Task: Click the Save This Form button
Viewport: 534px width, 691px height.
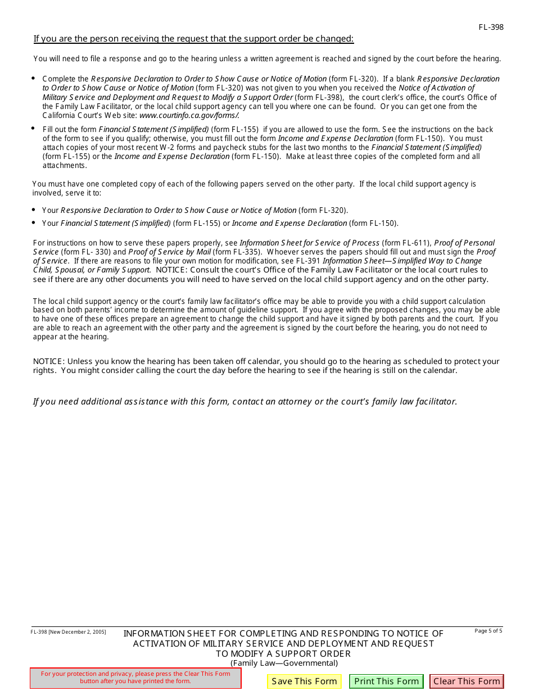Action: tap(304, 681)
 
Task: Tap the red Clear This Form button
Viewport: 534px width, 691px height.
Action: tap(467, 681)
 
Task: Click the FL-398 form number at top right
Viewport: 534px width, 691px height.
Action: tap(491, 27)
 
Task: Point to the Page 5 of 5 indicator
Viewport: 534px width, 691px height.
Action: tap(488, 631)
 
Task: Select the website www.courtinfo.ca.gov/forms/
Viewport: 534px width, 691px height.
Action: tap(189, 115)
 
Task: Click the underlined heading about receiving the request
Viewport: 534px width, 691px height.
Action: tap(193, 39)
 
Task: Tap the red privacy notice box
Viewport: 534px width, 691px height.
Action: tap(135, 678)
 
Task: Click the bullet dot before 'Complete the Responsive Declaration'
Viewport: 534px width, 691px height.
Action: tap(33, 79)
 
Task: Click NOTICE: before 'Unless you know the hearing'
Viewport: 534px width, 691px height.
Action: tap(49, 361)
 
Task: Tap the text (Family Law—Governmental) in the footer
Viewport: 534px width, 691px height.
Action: tap(284, 663)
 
